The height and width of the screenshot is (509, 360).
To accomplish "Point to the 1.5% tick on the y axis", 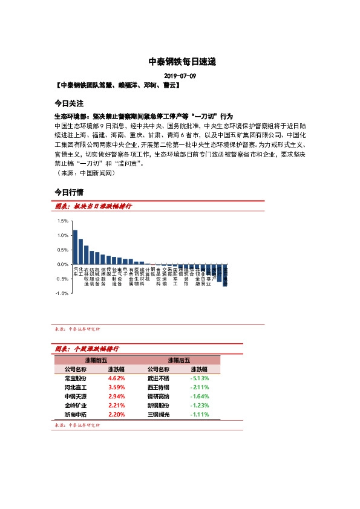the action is pos(63,221).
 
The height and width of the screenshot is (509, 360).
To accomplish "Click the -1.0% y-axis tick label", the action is pos(62,293).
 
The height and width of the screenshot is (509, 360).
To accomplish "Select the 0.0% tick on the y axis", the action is pos(63,264).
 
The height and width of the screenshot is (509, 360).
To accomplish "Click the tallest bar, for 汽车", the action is pos(75,247).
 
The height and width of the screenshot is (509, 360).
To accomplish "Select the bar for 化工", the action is pos(81,251).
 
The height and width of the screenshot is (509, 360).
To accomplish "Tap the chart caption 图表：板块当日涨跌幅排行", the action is pos(93,207).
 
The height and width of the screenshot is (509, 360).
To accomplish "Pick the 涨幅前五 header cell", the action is pos(96,360).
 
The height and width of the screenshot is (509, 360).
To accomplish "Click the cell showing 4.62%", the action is pos(116,378).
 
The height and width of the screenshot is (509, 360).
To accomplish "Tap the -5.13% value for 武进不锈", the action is pos(200,378).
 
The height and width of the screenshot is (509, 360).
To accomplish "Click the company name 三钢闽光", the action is pos(159,415).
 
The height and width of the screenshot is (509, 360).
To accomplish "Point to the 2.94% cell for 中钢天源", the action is pos(116,397).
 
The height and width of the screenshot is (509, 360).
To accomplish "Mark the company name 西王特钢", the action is pos(159,387).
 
